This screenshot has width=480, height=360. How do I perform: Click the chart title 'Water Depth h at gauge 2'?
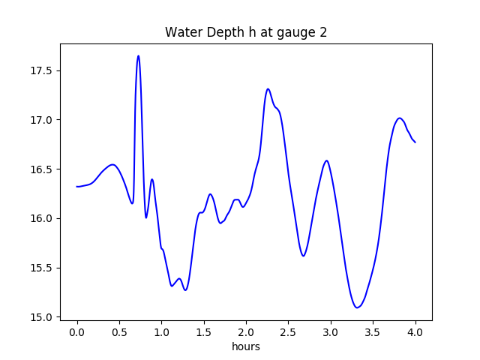coord(245,32)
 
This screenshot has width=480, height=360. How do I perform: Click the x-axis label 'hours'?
coord(245,347)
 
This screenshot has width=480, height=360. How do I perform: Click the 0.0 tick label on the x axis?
coord(77,332)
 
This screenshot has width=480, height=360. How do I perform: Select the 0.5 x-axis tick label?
coord(119,332)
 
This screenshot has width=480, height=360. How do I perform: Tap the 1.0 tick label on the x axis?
coord(162,332)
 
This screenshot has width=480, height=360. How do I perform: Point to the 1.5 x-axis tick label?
coord(204,332)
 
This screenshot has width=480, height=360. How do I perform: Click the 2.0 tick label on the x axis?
coord(246,332)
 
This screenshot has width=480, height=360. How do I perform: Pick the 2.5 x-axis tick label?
coord(289,332)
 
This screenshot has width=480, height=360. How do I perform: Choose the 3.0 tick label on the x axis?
coord(331,332)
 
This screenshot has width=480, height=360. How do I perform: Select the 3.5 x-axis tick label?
coord(373,332)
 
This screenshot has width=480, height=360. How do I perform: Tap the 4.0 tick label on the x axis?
coord(415,332)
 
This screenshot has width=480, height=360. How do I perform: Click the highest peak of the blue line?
coord(138,55)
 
